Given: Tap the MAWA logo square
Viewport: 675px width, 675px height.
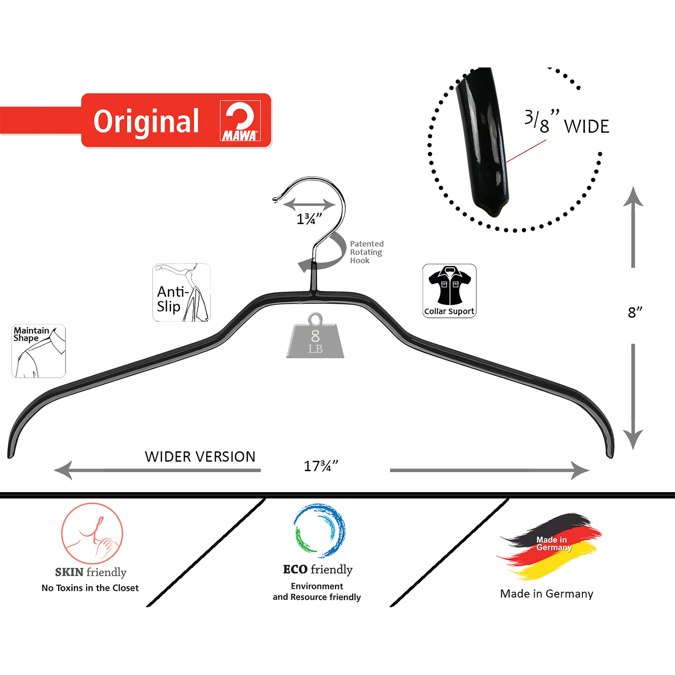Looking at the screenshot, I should [240, 121].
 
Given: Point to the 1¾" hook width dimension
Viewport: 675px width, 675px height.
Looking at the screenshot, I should [309, 219].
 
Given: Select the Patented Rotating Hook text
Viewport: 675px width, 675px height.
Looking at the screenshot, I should [367, 252].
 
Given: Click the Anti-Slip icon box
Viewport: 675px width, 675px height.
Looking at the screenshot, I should [181, 292].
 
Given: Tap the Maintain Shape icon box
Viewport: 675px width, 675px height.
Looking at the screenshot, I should [39, 351].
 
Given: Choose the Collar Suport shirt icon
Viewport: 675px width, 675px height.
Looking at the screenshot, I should [449, 291].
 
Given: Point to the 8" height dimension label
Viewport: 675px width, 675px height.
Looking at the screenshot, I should [635, 312].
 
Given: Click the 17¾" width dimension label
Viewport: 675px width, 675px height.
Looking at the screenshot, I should [321, 466].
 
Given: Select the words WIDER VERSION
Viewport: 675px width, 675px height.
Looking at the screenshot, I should [200, 456].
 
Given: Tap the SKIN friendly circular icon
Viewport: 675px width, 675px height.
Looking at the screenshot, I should [92, 533].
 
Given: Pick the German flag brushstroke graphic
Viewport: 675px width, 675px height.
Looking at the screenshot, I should [549, 545].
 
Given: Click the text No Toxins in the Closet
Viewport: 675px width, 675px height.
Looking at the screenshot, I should [90, 588].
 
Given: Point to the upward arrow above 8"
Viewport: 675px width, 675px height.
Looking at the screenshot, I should [633, 227].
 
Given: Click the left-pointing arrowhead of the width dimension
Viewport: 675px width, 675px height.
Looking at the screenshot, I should [63, 470].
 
